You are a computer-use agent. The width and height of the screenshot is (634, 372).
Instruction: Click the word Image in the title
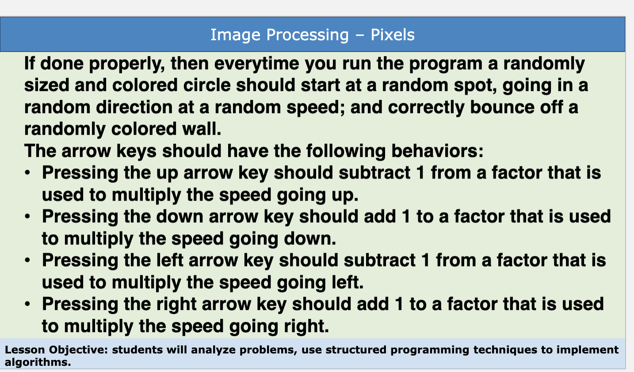[235, 34]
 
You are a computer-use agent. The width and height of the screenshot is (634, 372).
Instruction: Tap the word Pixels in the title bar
[393, 34]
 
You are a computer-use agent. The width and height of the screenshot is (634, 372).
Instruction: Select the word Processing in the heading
[308, 34]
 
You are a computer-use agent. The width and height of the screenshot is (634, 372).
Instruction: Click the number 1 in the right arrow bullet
[399, 304]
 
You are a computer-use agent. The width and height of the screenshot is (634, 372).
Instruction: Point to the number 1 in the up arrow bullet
[420, 173]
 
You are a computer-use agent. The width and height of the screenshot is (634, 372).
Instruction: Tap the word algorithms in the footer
[38, 362]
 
